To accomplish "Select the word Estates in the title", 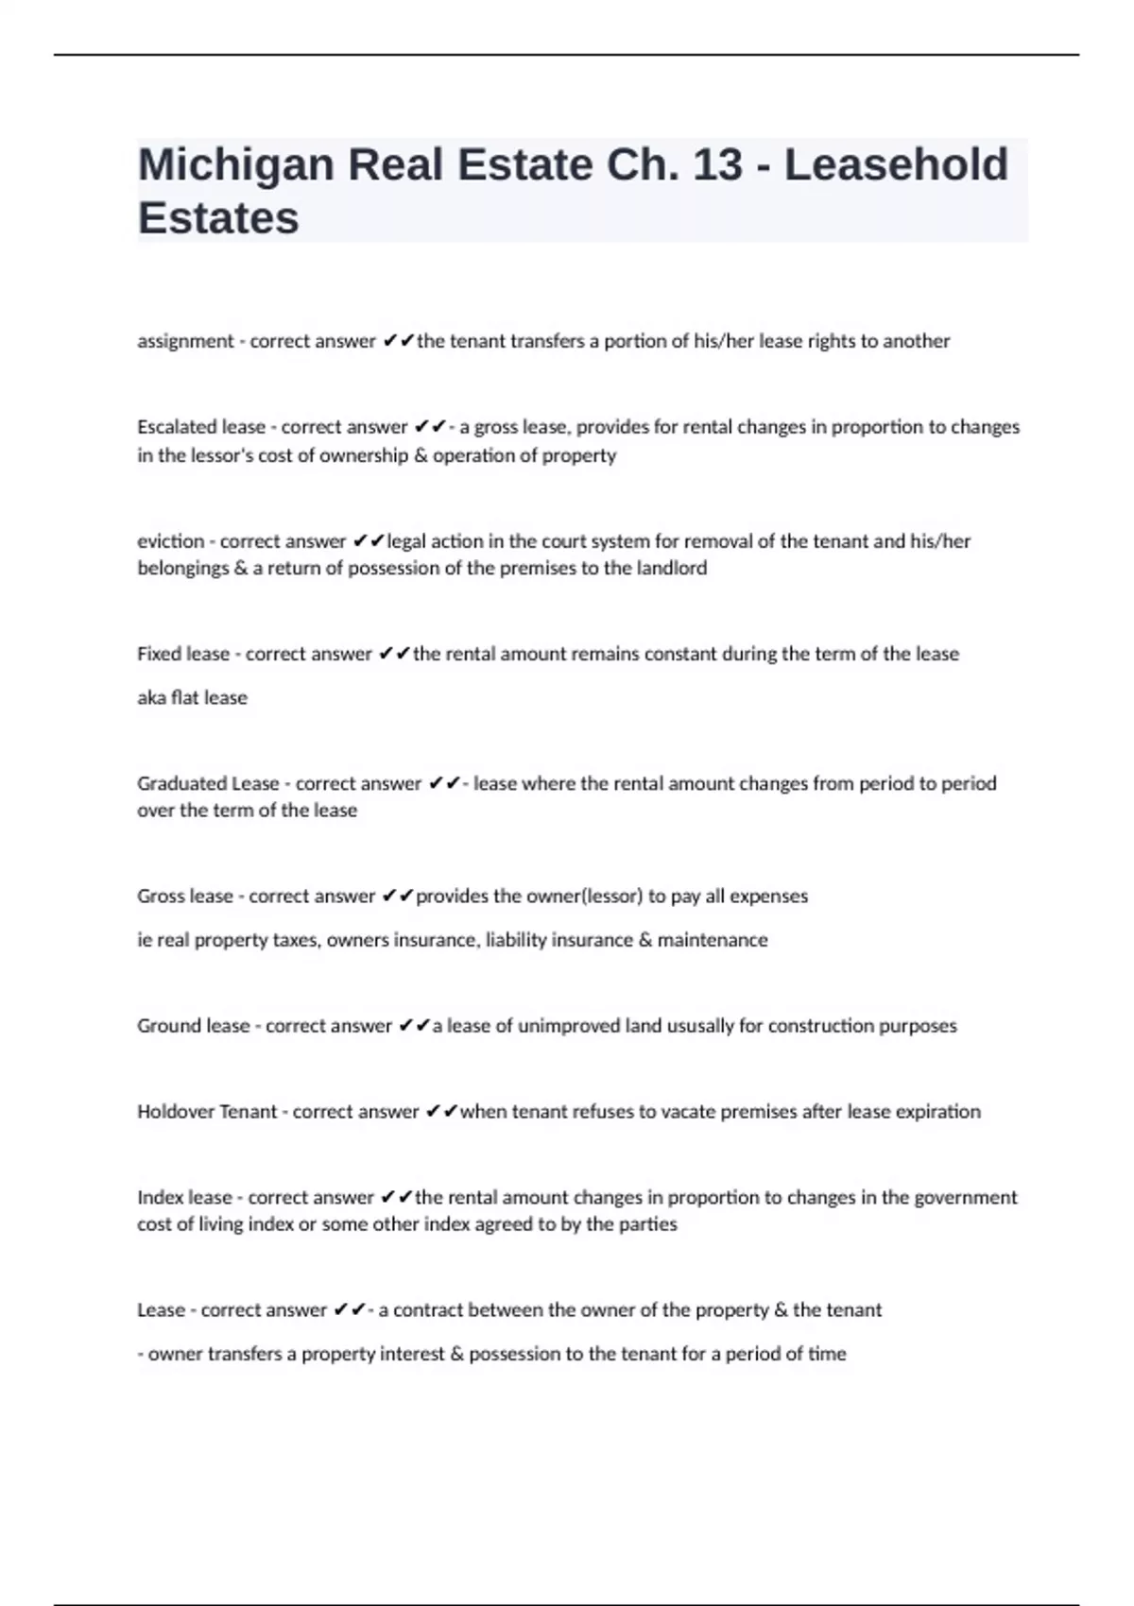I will click(218, 218).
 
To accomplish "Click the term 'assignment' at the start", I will click(185, 341).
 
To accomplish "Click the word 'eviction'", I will click(170, 541).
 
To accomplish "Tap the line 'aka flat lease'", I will click(192, 697).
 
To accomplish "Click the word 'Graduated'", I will click(180, 783).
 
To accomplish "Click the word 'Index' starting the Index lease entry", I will click(159, 1198).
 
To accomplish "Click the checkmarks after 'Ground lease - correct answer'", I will click(414, 1026).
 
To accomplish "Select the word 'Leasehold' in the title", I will click(896, 165).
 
